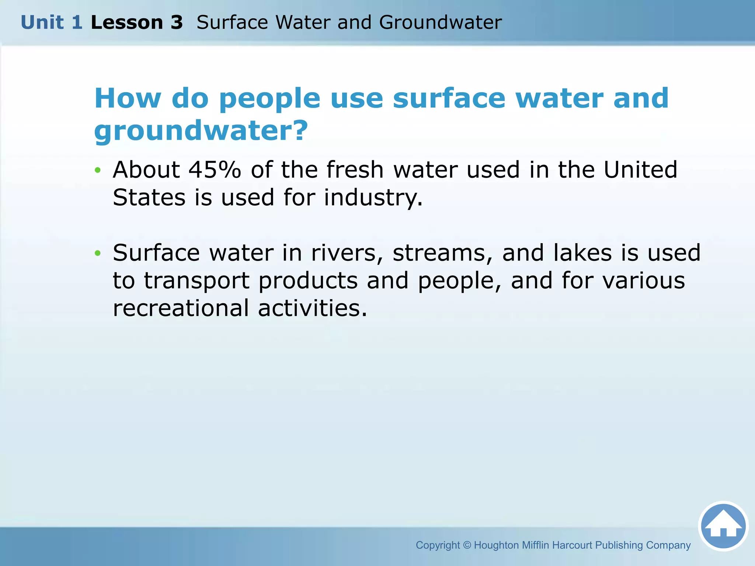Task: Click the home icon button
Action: point(723,527)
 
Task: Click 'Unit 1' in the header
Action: point(52,22)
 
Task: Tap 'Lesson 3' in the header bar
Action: point(137,22)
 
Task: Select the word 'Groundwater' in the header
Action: point(440,22)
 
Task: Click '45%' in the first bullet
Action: point(215,170)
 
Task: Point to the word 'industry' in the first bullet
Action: point(370,198)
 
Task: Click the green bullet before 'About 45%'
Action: point(97,170)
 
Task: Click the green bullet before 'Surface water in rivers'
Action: point(97,253)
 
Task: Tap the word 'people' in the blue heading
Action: point(269,99)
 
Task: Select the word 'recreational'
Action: point(181,308)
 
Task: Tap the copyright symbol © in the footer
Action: point(467,545)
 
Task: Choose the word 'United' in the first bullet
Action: point(640,170)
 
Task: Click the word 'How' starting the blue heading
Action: point(128,99)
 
